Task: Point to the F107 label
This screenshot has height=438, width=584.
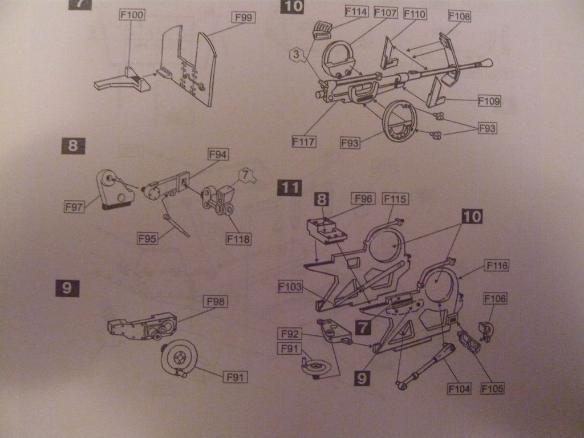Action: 386,12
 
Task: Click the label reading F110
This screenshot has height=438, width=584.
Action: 415,14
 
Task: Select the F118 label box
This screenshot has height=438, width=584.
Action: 238,239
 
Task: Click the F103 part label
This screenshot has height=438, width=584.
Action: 290,286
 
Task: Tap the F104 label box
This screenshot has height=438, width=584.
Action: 459,389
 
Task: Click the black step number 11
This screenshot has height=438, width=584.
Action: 290,188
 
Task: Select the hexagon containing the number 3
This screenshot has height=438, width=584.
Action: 295,55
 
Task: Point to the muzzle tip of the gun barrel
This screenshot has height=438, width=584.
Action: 489,62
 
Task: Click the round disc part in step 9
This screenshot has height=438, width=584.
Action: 179,359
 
